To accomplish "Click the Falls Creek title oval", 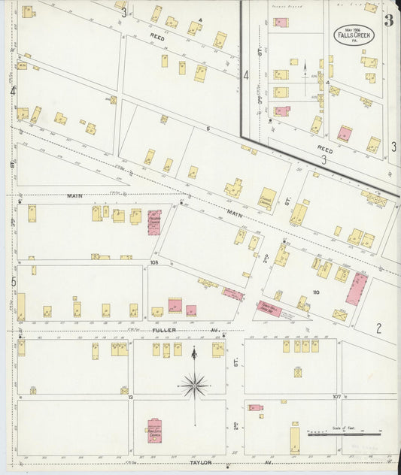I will (351, 35).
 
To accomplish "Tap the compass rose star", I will (194, 386).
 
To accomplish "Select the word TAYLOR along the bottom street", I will (200, 464).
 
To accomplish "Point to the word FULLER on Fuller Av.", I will (165, 330).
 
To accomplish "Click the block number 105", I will (155, 263).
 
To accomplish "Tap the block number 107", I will (336, 396).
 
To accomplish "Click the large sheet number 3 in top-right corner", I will (388, 20).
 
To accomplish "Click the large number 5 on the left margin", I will (13, 282).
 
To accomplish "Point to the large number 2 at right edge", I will (379, 327).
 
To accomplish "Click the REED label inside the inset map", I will (325, 148).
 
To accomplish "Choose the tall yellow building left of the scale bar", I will (295, 438).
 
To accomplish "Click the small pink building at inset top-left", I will (281, 23).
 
